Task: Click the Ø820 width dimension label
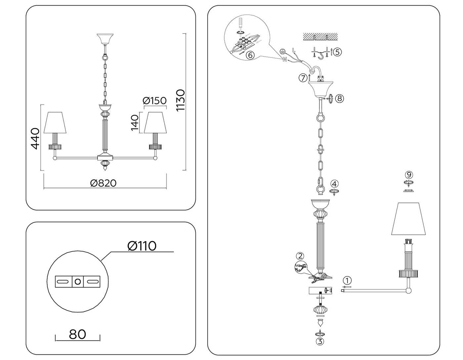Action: tap(103, 183)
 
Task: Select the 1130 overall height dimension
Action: tap(181, 100)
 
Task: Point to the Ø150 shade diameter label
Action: tap(154, 100)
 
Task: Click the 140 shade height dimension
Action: tap(134, 123)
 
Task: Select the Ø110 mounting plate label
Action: tap(142, 246)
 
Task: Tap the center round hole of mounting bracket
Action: tap(78, 282)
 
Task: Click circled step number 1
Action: tap(347, 280)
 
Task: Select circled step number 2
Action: tap(300, 256)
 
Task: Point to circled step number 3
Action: tap(320, 341)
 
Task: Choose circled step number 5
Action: tap(337, 52)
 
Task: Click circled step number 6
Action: tap(250, 55)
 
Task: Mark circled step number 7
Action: tap(303, 78)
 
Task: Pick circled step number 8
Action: tap(339, 98)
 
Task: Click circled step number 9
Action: tap(409, 175)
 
